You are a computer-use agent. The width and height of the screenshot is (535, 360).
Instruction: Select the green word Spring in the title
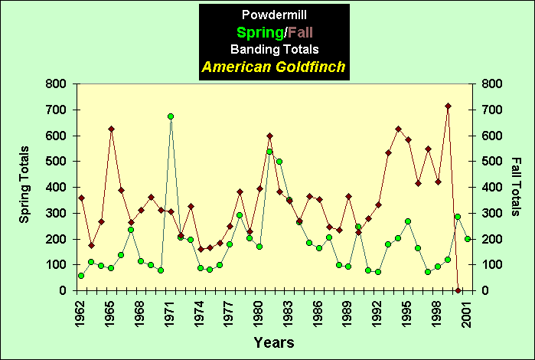257,32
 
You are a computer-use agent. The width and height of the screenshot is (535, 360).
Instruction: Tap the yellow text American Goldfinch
273,67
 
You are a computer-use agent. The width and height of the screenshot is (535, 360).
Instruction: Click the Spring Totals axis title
24,185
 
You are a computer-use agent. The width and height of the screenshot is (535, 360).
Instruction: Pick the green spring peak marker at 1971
171,116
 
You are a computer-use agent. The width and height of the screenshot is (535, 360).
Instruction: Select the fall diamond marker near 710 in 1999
448,106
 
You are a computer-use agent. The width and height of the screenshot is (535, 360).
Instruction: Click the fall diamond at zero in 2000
458,290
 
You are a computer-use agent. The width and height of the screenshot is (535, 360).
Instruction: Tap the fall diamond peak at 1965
111,129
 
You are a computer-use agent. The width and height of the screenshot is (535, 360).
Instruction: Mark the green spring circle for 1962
81,276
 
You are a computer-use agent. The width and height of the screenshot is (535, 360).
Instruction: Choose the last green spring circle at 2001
468,239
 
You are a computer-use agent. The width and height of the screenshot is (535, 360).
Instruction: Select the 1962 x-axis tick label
81,312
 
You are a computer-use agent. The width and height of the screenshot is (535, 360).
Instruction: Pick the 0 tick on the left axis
64,291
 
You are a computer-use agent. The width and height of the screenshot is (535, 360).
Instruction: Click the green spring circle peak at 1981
269,152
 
